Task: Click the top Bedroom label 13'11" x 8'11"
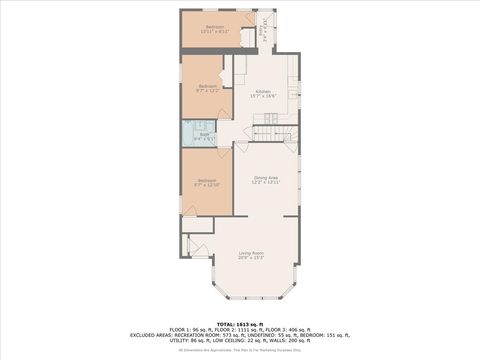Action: coord(215,29)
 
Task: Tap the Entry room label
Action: coord(263,30)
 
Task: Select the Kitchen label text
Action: coord(263,92)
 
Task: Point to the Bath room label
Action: coord(204,134)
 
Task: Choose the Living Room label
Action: coord(251,255)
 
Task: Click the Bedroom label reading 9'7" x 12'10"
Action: coord(206,182)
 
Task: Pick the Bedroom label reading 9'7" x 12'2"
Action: coord(208,88)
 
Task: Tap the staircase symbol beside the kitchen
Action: coord(265,131)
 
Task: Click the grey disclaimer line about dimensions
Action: coord(240,351)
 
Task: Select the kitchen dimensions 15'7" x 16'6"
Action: coord(263,96)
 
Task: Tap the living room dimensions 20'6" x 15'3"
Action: coord(251,259)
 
